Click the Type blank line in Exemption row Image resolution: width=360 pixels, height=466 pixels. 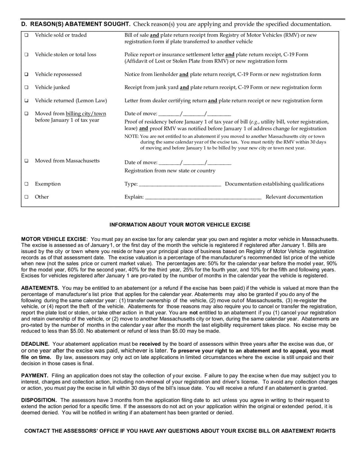(180, 184)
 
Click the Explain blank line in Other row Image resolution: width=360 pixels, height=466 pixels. (203, 197)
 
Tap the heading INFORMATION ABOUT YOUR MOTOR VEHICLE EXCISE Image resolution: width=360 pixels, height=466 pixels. (180, 224)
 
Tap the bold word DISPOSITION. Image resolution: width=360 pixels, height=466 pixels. (39, 400)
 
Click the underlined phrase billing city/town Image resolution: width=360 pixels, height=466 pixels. (86, 113)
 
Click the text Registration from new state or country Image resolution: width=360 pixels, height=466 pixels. (170, 171)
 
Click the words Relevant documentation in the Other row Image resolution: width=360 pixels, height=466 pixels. (294, 197)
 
